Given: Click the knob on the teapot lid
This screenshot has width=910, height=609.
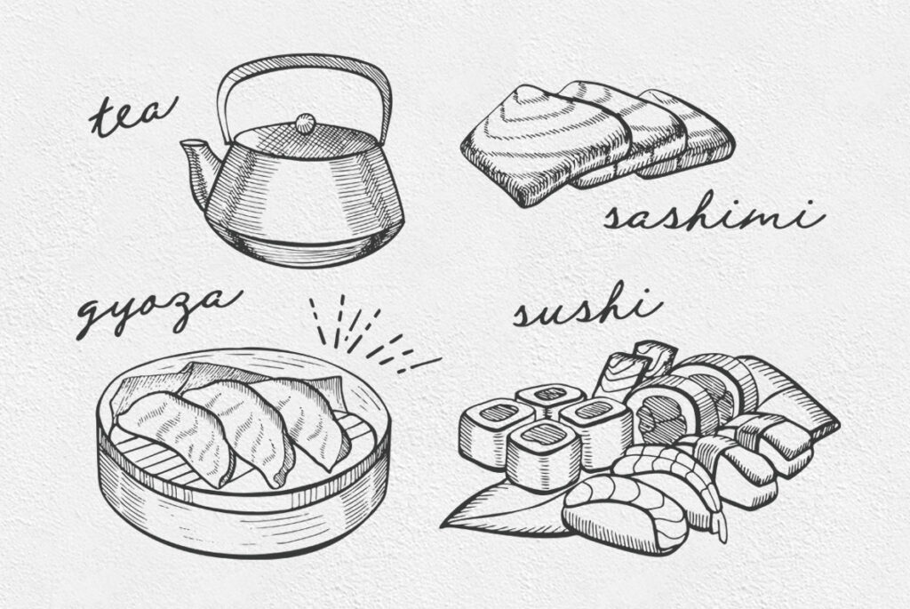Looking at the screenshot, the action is click(305, 123).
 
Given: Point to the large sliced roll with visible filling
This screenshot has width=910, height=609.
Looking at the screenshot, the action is click(674, 413).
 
